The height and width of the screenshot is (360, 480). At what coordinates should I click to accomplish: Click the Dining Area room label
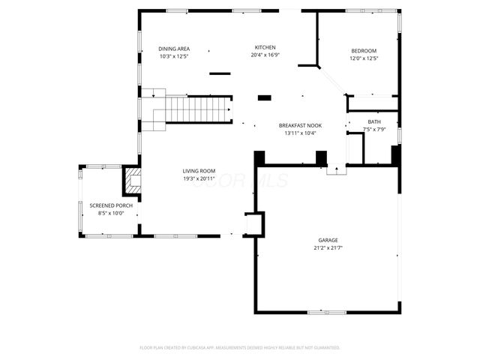click(x=173, y=48)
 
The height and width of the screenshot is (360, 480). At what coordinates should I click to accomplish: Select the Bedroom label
click(x=364, y=51)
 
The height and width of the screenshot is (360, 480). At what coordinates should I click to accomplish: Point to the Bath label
click(x=373, y=122)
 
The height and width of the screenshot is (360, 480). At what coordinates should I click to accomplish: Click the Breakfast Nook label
click(x=300, y=125)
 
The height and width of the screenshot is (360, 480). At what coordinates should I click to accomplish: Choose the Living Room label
click(x=199, y=171)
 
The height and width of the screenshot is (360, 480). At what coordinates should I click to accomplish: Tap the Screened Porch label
click(x=110, y=205)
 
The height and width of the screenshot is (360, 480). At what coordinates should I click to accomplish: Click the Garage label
click(x=327, y=240)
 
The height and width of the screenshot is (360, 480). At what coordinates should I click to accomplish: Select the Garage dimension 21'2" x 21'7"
click(x=327, y=248)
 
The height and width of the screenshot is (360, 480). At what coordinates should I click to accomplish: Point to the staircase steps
click(x=196, y=109)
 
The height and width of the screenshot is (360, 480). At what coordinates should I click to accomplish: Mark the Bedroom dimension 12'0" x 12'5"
click(x=364, y=58)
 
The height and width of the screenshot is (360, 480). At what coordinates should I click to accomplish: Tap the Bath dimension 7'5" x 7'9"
click(x=373, y=130)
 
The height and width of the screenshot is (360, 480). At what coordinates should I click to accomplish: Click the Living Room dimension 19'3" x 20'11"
click(x=199, y=178)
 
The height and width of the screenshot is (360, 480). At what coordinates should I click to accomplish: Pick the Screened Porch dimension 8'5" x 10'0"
click(x=110, y=213)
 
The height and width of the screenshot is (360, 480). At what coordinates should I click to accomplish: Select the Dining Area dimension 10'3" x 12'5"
click(x=173, y=55)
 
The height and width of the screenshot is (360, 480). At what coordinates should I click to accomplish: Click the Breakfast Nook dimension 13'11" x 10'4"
click(x=300, y=133)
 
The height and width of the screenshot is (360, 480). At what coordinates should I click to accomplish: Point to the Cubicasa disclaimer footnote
click(x=240, y=347)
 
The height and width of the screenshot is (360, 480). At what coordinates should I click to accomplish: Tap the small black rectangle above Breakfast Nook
click(x=265, y=97)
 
